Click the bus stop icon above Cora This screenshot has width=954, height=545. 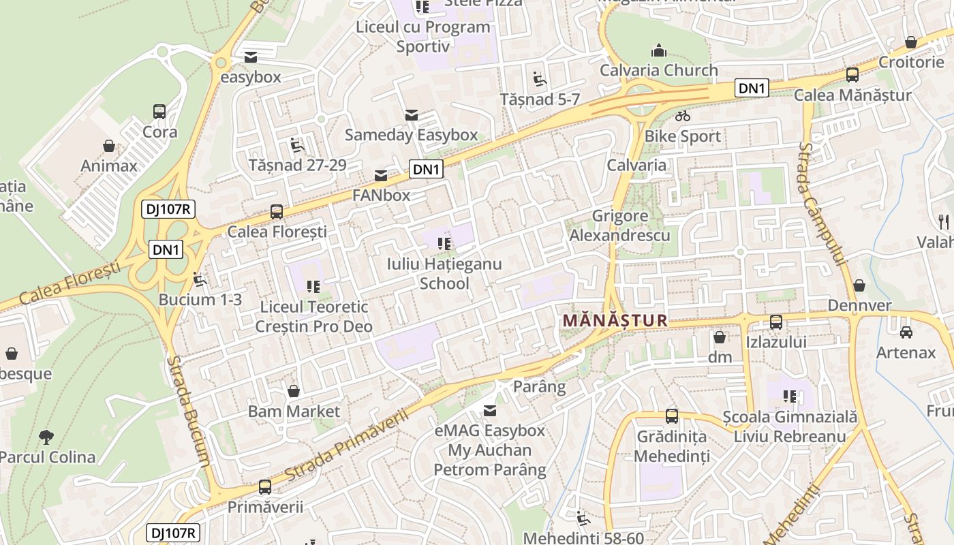tap(159, 112)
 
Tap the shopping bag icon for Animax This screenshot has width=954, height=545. tap(108, 146)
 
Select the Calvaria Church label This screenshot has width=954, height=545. tap(658, 70)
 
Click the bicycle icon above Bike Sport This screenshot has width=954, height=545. tap(683, 116)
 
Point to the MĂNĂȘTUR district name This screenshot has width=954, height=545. tap(615, 320)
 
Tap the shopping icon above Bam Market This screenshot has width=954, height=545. tap(294, 391)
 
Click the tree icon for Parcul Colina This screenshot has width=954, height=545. tap(46, 437)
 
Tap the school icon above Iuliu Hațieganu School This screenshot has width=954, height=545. tap(444, 243)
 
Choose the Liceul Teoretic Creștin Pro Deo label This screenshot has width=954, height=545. tap(313, 317)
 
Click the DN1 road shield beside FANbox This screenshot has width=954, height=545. tap(426, 170)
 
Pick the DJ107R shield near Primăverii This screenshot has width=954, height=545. tap(173, 533)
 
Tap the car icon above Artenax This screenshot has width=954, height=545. tap(906, 332)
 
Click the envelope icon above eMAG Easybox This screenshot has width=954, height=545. tap(489, 411)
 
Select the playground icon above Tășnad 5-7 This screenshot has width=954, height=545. tap(540, 80)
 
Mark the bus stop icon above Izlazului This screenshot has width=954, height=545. tap(776, 322)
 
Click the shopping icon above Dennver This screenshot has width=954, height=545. tap(859, 285)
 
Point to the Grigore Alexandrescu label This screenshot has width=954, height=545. tap(619, 226)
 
